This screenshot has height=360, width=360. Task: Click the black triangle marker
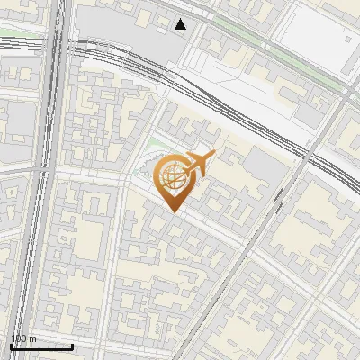(x=181, y=24)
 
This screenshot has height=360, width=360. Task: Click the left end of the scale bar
(x=11, y=346)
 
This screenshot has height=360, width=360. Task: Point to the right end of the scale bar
(x=73, y=346)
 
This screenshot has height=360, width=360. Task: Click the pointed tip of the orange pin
(x=171, y=211)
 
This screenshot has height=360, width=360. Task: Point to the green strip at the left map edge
(x=18, y=37)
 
